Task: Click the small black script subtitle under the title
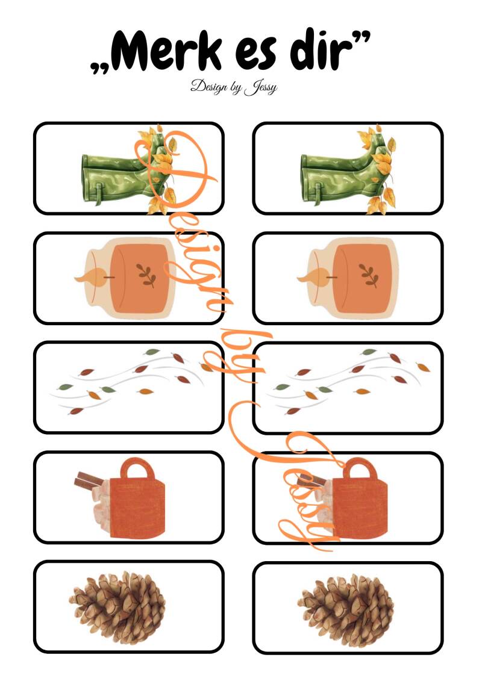[234, 87]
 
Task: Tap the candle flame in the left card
[90, 277]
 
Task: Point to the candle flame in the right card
[313, 277]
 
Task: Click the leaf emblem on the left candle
[146, 275]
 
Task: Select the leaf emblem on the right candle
[369, 275]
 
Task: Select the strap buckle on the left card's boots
[99, 193]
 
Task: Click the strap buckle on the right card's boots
[318, 193]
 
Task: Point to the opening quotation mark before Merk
[99, 67]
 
